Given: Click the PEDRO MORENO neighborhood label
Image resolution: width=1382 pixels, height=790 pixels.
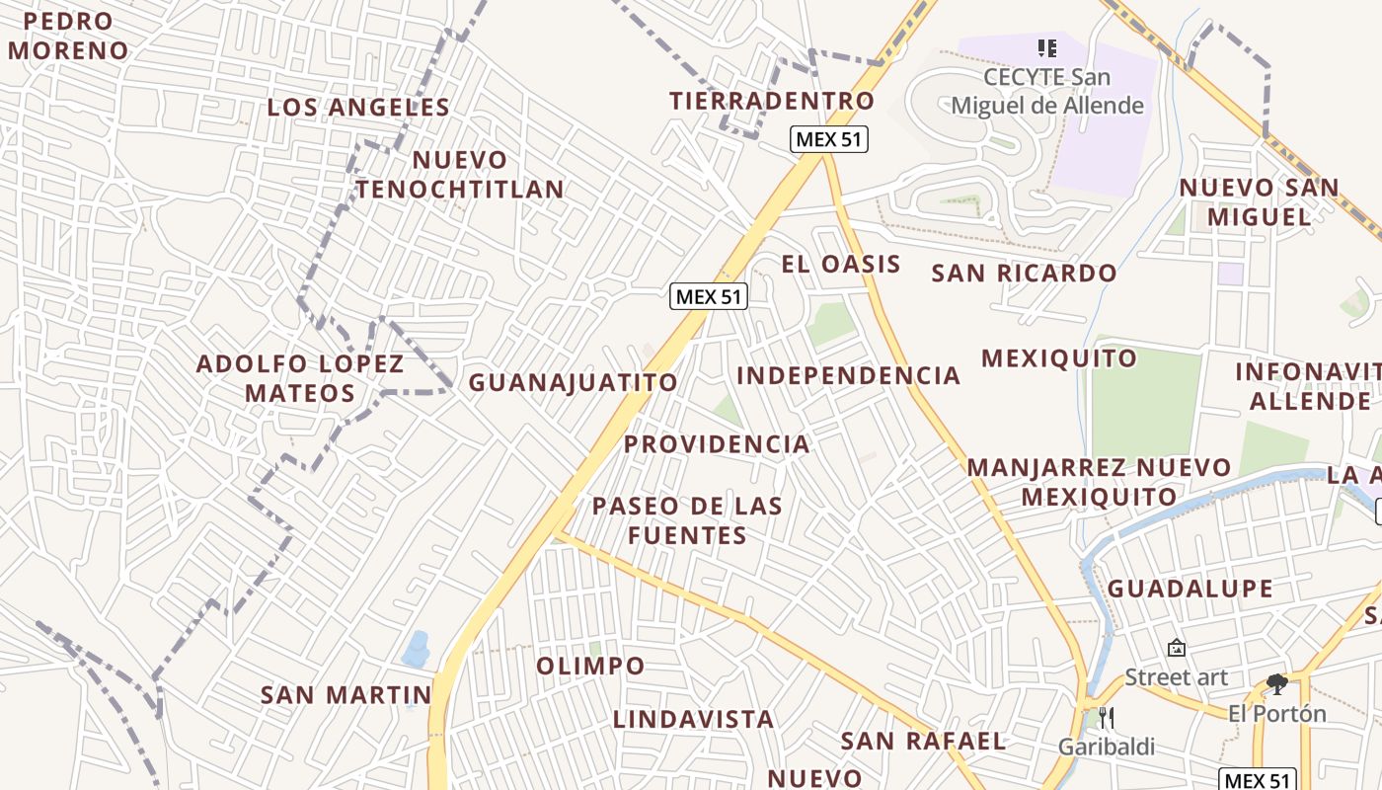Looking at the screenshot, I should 67,36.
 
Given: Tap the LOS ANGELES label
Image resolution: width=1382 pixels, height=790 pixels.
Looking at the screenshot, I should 358,108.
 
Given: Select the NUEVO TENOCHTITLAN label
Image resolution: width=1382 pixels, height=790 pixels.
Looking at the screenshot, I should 460,175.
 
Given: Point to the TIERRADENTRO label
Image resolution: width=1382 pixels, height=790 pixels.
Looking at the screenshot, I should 772,101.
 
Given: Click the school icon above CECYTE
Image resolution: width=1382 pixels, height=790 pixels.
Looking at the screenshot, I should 1047,47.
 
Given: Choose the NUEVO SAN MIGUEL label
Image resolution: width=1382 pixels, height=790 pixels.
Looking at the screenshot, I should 1260,201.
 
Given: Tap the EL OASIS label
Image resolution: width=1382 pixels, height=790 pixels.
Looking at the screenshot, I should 841,264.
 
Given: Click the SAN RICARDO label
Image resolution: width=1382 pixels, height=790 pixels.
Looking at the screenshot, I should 1025,274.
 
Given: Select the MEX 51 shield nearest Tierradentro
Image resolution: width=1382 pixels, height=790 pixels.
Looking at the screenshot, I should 829,139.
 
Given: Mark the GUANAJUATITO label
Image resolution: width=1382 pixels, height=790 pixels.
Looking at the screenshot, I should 574,382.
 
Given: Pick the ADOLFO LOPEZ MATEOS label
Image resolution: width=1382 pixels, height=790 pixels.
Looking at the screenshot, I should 300,378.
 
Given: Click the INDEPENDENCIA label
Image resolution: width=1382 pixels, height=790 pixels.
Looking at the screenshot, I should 849,375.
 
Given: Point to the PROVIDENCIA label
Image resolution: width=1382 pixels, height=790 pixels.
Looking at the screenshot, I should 717,444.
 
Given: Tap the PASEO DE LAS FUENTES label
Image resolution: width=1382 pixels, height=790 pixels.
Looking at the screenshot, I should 687,520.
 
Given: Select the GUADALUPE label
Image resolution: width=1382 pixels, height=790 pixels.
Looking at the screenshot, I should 1190,589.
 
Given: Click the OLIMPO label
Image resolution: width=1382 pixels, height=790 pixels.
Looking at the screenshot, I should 590,666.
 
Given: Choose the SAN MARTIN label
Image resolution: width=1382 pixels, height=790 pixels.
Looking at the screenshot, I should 346,695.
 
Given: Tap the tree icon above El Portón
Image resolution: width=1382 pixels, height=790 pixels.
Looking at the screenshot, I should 1276,683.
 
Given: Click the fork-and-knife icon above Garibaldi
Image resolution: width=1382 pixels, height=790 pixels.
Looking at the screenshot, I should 1107,718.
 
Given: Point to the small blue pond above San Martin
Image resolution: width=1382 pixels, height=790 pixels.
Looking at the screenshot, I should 416,649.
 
